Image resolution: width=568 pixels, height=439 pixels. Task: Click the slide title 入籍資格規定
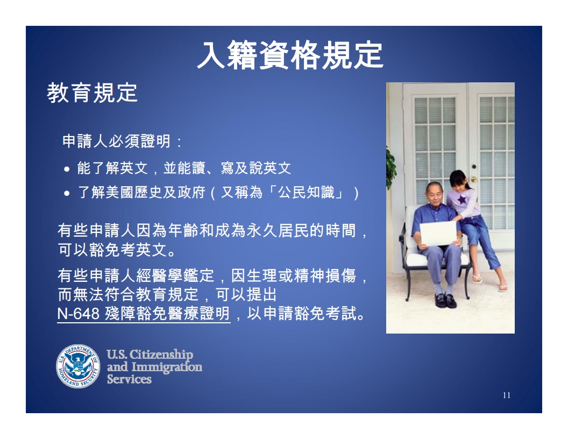290,55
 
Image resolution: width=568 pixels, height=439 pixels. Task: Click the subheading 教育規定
93,93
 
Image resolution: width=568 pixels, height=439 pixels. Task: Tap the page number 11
507,395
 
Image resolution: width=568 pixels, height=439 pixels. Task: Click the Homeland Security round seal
78,366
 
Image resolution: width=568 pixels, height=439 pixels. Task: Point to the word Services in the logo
129,379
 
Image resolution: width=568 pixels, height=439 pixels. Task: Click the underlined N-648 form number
78,314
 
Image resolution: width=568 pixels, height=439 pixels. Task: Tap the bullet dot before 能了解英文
67,169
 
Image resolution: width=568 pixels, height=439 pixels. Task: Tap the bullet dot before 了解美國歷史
67,194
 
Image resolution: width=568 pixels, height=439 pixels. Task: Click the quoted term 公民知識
306,193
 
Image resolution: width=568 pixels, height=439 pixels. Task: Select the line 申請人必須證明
116,141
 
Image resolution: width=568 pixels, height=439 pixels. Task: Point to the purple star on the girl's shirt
462,200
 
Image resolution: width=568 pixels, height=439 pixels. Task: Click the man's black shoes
445,301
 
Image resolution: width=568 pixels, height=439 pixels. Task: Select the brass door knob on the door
473,179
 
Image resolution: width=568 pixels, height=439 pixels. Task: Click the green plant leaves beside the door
391,167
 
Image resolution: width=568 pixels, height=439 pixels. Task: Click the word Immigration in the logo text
167,367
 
